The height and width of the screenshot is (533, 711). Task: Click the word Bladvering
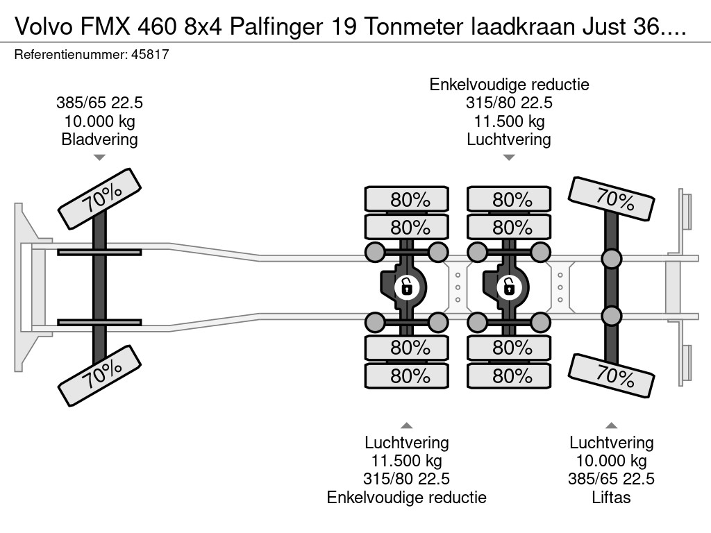99,139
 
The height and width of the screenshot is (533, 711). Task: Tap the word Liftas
611,497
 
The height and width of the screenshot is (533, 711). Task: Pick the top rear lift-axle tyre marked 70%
611,198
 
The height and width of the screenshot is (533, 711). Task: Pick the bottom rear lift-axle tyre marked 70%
611,375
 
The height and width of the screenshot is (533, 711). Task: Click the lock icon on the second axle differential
406,285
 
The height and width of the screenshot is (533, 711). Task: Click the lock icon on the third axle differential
508,285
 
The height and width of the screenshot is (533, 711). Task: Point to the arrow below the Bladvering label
99,158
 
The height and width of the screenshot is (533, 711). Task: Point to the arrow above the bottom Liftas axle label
611,425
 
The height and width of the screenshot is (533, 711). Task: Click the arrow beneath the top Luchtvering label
509,158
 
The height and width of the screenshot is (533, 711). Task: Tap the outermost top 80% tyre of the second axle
407,200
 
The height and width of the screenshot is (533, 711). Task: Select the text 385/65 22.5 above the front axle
99,103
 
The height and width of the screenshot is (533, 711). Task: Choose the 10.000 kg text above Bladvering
99,121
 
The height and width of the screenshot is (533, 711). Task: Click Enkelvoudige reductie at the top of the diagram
509,85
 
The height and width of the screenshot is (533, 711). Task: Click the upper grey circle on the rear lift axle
611,260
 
